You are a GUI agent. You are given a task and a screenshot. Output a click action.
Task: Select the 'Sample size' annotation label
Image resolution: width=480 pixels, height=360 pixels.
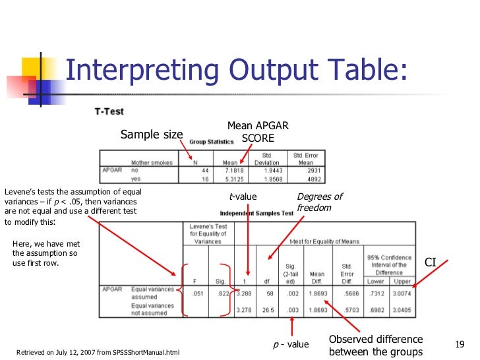tap(151, 135)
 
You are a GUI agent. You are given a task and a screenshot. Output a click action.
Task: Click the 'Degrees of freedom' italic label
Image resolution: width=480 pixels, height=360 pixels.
tap(319, 202)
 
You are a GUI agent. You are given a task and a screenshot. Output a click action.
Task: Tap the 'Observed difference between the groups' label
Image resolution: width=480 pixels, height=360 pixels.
tap(376, 345)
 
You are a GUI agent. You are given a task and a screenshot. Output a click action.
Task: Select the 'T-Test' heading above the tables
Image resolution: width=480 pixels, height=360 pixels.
tap(107, 112)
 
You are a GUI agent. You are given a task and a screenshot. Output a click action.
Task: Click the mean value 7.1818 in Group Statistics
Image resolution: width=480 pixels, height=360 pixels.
tap(231, 170)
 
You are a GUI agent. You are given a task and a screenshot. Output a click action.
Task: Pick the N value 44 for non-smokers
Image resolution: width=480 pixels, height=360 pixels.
tap(205, 170)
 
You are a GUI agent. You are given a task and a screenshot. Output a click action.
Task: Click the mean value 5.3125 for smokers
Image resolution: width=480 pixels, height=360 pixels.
tap(231, 178)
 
